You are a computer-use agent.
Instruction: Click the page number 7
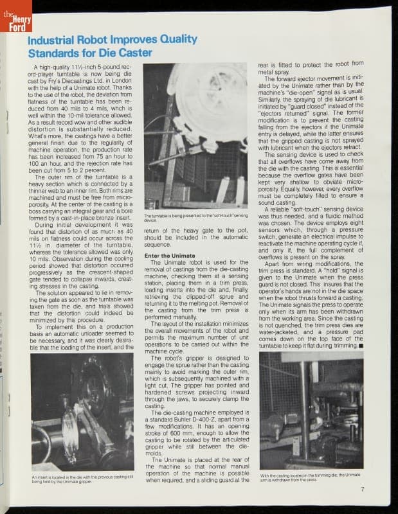click(363, 488)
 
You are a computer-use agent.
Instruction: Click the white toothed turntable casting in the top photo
click(207, 103)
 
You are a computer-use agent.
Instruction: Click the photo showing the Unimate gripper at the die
click(82, 411)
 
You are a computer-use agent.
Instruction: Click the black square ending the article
click(361, 346)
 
